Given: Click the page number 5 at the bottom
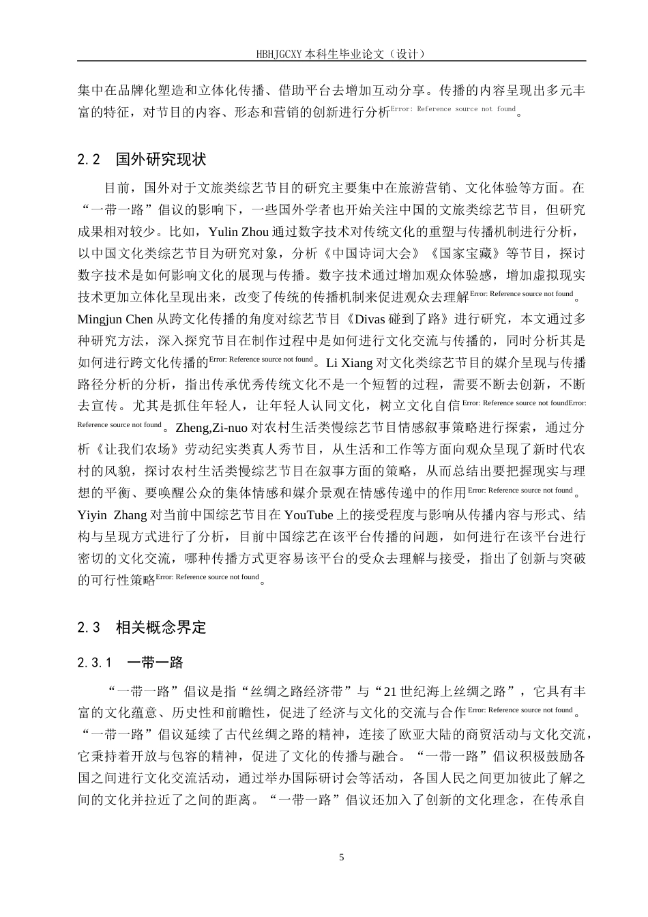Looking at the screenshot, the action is [342, 857].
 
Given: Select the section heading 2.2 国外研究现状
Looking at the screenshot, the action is [142, 160].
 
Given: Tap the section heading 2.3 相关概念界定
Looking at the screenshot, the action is [142, 627].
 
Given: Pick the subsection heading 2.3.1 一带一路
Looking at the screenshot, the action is [130, 663].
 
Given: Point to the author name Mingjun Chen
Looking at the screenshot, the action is [115, 319].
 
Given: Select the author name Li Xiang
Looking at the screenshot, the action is [350, 362].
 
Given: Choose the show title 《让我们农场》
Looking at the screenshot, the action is [132, 449].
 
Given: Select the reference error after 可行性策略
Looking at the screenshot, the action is [207, 577].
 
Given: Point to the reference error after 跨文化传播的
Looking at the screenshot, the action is [260, 359].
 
